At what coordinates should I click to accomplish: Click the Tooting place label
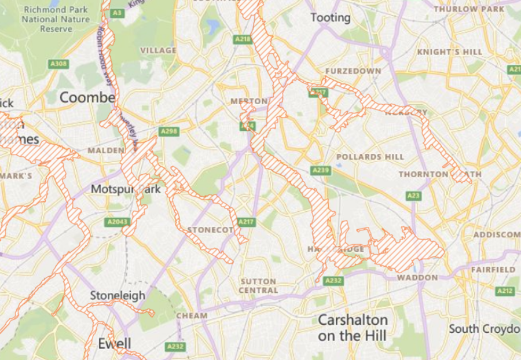(x=331, y=18)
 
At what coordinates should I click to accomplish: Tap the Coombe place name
(x=87, y=97)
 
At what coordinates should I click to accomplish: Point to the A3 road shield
(x=118, y=13)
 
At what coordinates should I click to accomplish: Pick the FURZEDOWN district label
(x=353, y=71)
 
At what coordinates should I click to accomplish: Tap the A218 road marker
(x=243, y=39)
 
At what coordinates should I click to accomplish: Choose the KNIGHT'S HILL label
(x=449, y=52)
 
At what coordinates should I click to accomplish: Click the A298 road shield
(x=169, y=131)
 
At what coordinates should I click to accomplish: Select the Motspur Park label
(x=125, y=189)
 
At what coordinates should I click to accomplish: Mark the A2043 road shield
(x=118, y=222)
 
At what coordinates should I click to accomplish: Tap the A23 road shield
(x=413, y=196)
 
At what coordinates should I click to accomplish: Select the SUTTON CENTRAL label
(x=258, y=285)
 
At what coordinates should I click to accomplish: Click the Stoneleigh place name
(x=118, y=296)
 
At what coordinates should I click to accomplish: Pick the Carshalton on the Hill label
(x=353, y=327)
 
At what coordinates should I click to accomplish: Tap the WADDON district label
(x=417, y=278)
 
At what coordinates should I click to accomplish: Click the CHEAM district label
(x=192, y=315)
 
